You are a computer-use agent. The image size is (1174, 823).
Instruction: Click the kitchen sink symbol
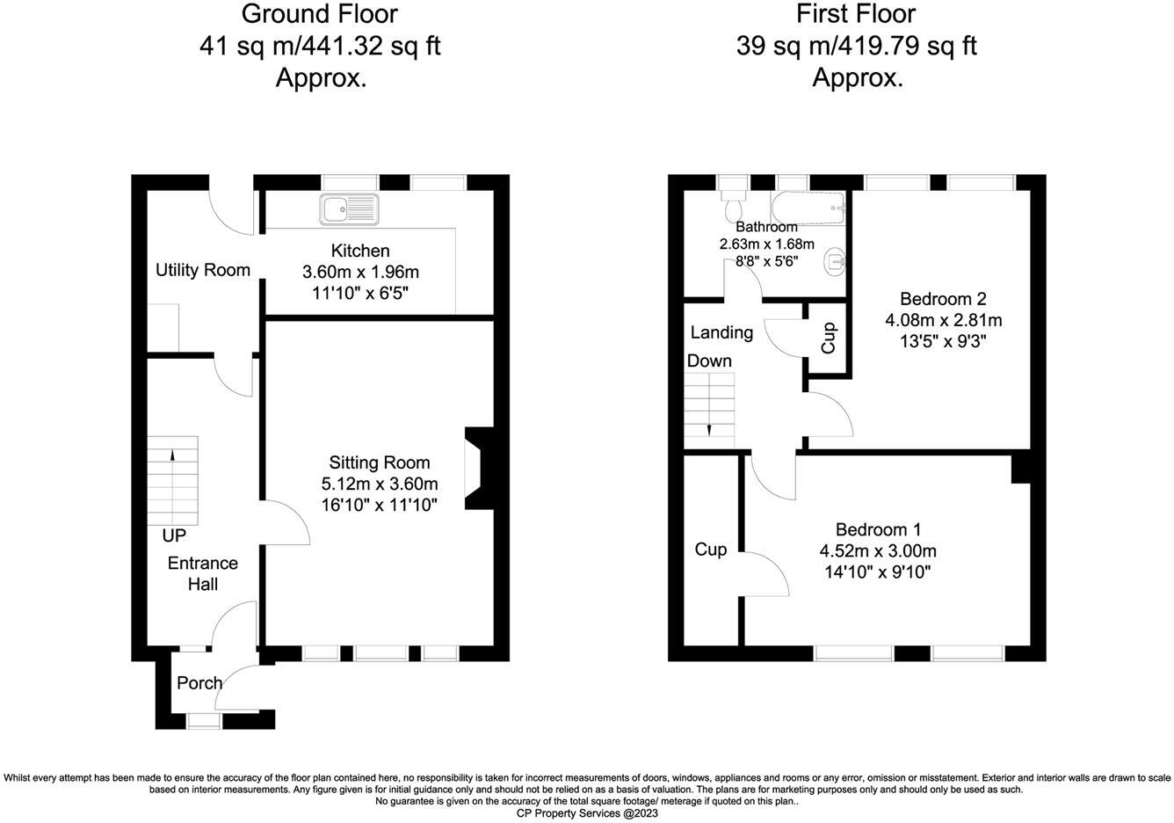349,209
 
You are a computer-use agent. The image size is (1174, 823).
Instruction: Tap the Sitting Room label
380,462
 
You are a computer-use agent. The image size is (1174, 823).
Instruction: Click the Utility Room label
203,270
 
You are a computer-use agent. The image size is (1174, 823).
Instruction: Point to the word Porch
199,683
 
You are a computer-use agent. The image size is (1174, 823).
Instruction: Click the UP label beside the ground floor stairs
173,535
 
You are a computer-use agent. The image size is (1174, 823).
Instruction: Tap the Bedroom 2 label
942,299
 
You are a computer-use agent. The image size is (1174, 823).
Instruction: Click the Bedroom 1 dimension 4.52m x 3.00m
878,551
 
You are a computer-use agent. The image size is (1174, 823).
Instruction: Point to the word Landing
721,332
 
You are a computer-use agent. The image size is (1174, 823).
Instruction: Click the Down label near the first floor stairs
709,361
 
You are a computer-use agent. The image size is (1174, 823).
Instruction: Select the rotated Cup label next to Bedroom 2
829,339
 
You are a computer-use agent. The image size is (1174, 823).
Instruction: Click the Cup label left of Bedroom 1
710,550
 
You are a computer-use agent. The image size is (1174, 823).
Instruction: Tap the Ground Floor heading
319,15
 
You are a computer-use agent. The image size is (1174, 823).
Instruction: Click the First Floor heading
856,15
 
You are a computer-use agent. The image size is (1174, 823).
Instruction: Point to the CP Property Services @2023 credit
586,813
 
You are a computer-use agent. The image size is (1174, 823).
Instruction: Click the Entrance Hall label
202,573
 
